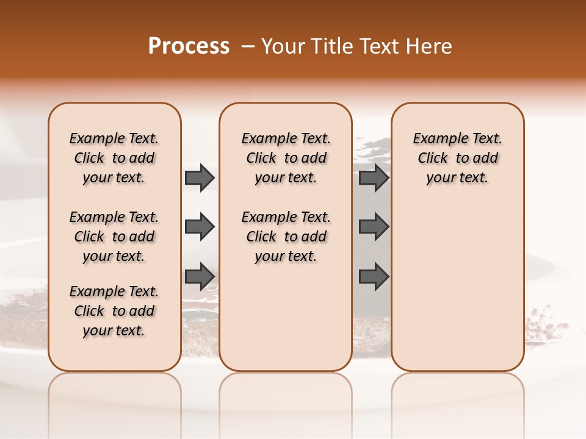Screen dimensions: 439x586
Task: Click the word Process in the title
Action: pyautogui.click(x=189, y=46)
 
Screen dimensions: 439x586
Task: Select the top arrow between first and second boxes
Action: pyautogui.click(x=200, y=178)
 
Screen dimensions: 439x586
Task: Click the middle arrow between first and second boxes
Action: pyautogui.click(x=200, y=227)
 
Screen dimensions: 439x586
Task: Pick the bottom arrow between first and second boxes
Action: pyautogui.click(x=200, y=276)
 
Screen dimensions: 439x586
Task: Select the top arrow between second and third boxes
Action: pyautogui.click(x=374, y=178)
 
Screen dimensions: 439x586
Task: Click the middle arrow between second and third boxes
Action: pyautogui.click(x=374, y=227)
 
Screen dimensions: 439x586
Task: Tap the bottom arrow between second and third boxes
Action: pyautogui.click(x=374, y=276)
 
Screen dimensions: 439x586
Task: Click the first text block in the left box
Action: pyautogui.click(x=114, y=158)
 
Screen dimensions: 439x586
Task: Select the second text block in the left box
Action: pyautogui.click(x=114, y=237)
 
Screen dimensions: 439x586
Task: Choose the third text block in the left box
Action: pyautogui.click(x=114, y=311)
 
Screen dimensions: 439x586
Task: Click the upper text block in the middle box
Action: pyautogui.click(x=286, y=158)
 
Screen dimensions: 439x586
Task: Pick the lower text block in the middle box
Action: pyautogui.click(x=286, y=237)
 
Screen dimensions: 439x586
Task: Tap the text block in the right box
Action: pyautogui.click(x=457, y=158)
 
